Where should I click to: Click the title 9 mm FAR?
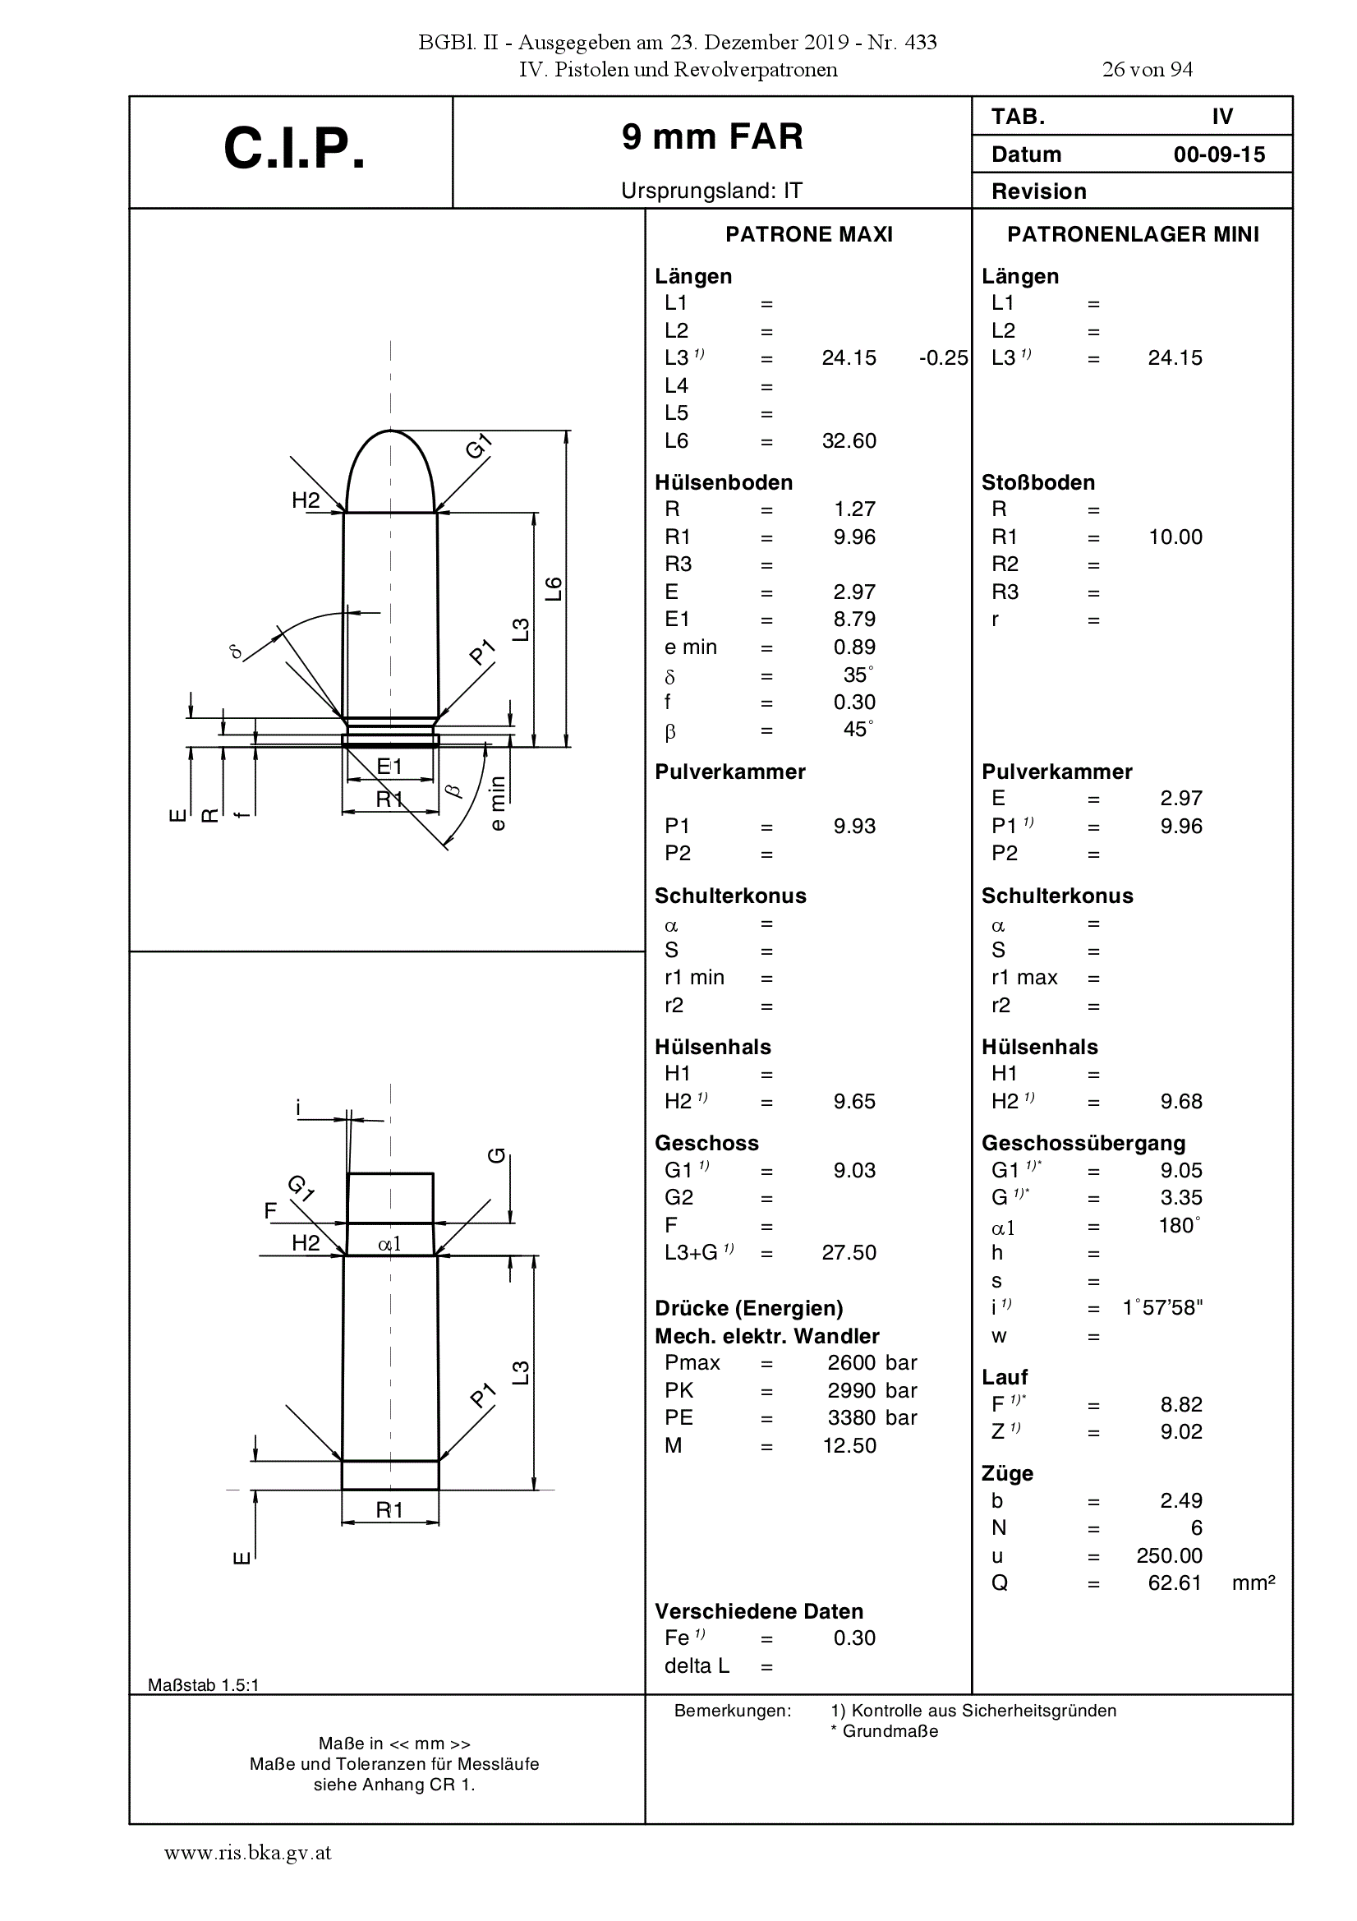(712, 136)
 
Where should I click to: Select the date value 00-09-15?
(1219, 154)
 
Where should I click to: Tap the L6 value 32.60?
(849, 441)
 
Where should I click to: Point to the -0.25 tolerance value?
(943, 358)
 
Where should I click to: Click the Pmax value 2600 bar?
(872, 1363)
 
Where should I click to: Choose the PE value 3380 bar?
(872, 1418)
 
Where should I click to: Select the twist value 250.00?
(1169, 1556)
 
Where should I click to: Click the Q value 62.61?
(1175, 1583)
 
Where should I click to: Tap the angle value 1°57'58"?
(1162, 1308)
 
